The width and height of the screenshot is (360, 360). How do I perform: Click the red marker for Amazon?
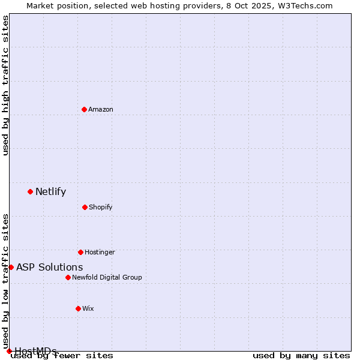pos(84,109)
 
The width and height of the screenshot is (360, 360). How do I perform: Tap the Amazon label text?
pos(101,110)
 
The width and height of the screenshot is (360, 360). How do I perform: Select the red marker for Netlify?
pos(30,191)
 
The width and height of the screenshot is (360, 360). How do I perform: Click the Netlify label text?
pos(50,192)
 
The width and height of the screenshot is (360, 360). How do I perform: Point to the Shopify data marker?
pos(85,207)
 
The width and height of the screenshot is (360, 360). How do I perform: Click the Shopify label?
pos(101,208)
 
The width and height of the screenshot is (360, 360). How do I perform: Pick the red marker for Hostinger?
pos(80,252)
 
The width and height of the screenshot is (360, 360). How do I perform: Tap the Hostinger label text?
pos(100,253)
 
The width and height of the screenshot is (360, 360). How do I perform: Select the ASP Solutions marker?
pos(11,267)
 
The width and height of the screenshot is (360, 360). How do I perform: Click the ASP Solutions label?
pos(49,268)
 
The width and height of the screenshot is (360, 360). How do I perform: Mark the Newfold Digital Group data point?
pos(68,277)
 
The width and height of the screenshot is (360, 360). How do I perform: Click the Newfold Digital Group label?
pos(107,278)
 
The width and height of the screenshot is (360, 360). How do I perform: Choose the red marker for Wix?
pos(78,308)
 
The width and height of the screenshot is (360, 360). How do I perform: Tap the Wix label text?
pos(88,309)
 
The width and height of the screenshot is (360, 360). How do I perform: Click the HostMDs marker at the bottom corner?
pos(9,351)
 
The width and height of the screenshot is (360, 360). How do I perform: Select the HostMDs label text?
pos(35,351)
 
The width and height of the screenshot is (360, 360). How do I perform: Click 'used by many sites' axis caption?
pos(301,356)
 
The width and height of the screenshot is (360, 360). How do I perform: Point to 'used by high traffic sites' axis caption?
pos(6,85)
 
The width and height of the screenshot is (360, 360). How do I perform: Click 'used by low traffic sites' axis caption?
pos(6,277)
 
